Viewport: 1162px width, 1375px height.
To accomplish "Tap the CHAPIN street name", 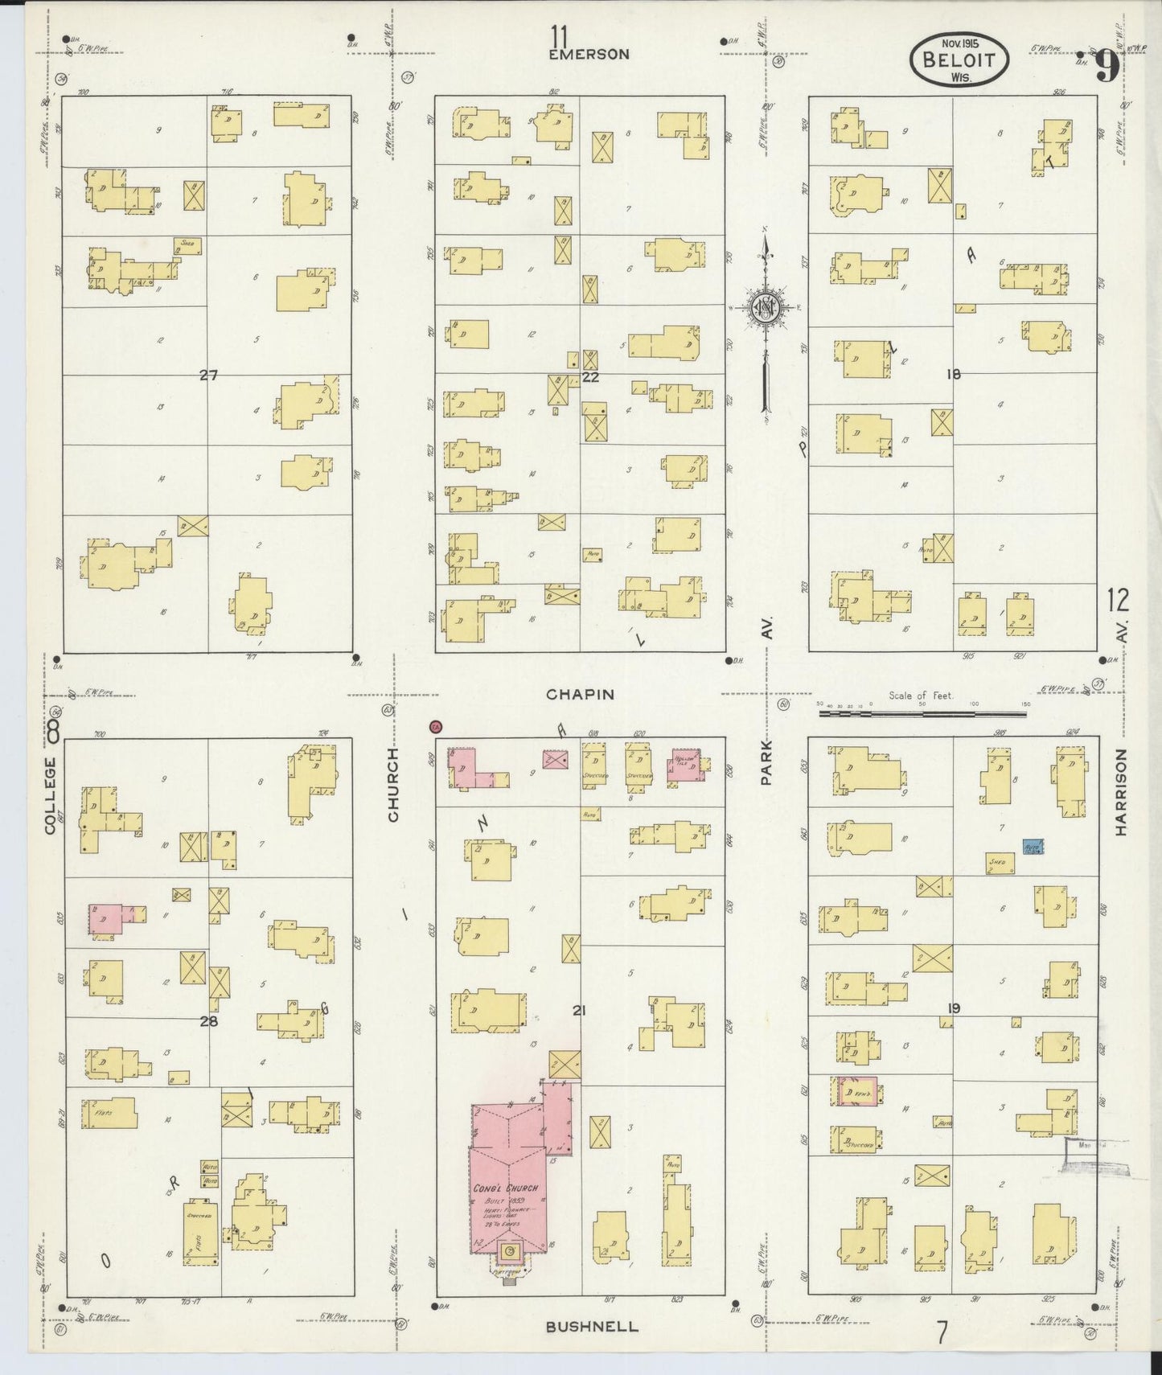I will pos(580,694).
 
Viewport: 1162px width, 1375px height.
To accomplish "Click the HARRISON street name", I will pos(1122,793).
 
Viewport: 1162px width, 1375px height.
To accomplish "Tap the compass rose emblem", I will pos(765,308).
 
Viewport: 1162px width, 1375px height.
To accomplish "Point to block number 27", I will pos(208,375).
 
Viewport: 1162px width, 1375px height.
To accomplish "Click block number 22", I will pos(591,376).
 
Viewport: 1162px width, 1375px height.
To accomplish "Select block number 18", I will pos(954,374).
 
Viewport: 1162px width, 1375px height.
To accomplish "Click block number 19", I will pos(954,1008).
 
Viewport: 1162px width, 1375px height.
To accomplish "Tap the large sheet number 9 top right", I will pos(1106,67).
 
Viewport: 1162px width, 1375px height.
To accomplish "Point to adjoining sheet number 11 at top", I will pos(560,36).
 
